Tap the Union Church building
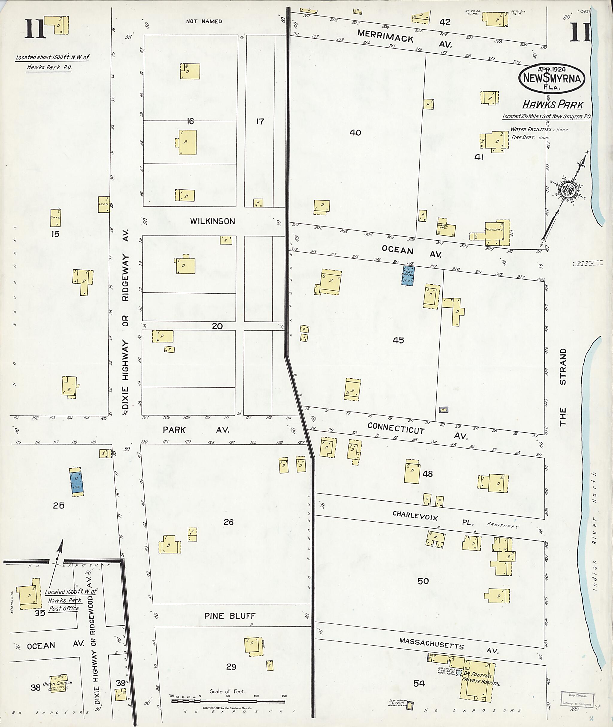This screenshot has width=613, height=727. click(57, 684)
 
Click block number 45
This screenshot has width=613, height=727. click(398, 340)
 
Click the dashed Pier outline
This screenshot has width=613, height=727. click(588, 263)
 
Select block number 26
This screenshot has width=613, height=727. click(228, 522)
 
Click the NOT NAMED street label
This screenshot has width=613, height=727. click(204, 22)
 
